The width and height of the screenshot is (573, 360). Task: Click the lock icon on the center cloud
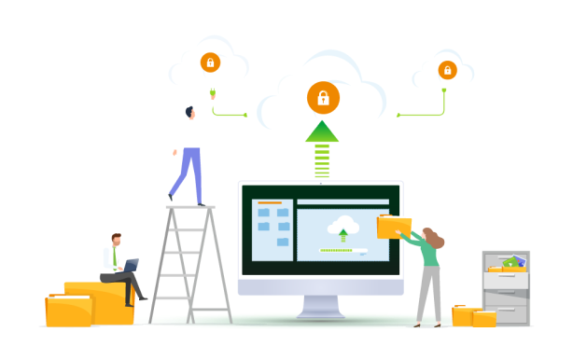pyautogui.click(x=323, y=98)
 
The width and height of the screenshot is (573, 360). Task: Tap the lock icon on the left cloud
pyautogui.click(x=210, y=62)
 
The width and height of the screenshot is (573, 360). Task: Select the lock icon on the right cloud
pyautogui.click(x=447, y=70)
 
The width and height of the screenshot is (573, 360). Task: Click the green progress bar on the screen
pyautogui.click(x=336, y=250)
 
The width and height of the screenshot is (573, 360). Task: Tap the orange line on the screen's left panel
pyautogui.click(x=270, y=202)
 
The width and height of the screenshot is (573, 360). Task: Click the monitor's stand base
pyautogui.click(x=320, y=312)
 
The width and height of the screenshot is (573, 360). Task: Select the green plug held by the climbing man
pyautogui.click(x=213, y=93)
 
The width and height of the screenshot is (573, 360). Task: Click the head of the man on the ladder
pyautogui.click(x=190, y=113)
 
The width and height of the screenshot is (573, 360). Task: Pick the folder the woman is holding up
pyautogui.click(x=393, y=226)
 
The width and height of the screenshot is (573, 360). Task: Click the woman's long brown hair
pyautogui.click(x=434, y=239)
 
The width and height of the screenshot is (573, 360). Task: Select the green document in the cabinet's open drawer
pyautogui.click(x=511, y=263)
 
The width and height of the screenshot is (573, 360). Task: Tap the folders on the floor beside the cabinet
pyautogui.click(x=473, y=316)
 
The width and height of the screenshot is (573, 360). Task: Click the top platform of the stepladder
pyautogui.click(x=190, y=206)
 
